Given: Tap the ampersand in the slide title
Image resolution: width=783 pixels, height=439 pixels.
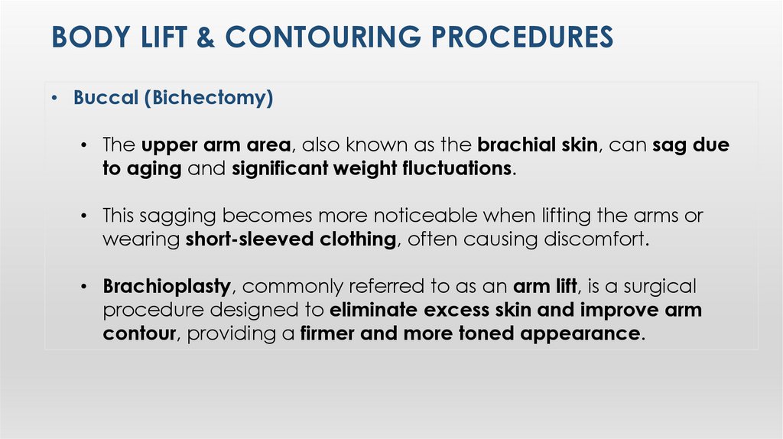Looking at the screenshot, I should (x=204, y=37).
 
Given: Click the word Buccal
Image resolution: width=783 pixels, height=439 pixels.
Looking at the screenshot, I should (x=103, y=99).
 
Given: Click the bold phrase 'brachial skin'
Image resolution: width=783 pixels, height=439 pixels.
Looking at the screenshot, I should (x=537, y=145).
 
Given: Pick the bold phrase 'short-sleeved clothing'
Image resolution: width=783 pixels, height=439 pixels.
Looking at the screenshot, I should (x=291, y=239).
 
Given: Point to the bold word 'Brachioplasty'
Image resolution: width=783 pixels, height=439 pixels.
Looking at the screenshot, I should (x=167, y=287).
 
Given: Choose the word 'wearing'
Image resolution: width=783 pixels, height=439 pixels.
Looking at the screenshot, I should (x=141, y=239).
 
